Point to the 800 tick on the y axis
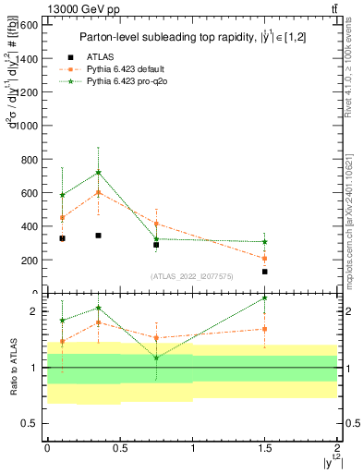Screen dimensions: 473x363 click(x=28, y=160)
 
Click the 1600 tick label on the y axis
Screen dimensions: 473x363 click(x=25, y=25)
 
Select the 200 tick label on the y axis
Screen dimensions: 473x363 click(x=28, y=261)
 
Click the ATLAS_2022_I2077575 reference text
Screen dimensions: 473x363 click(x=191, y=276)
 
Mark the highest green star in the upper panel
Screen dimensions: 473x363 click(x=98, y=173)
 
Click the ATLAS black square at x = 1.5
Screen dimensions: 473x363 click(x=264, y=272)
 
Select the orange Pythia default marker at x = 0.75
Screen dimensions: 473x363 click(x=156, y=224)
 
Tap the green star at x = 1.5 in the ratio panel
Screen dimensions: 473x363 click(x=264, y=297)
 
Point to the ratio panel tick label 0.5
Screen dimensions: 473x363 click(x=30, y=423)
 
